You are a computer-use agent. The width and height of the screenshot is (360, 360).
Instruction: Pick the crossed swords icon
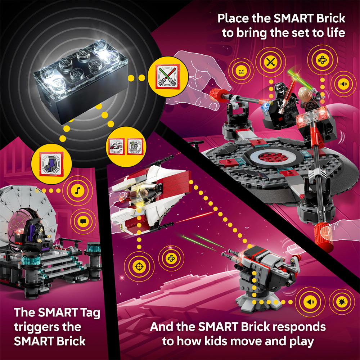click(x=270, y=62)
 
